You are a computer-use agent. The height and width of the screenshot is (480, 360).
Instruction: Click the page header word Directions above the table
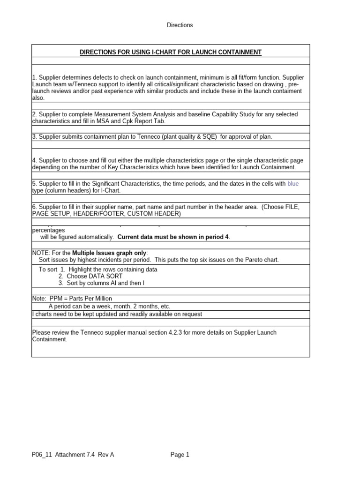(x=180, y=25)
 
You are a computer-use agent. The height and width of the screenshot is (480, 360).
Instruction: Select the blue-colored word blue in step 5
(x=293, y=184)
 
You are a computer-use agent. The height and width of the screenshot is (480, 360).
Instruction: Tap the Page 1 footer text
(x=180, y=454)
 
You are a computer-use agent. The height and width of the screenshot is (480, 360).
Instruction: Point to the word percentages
(x=49, y=230)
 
